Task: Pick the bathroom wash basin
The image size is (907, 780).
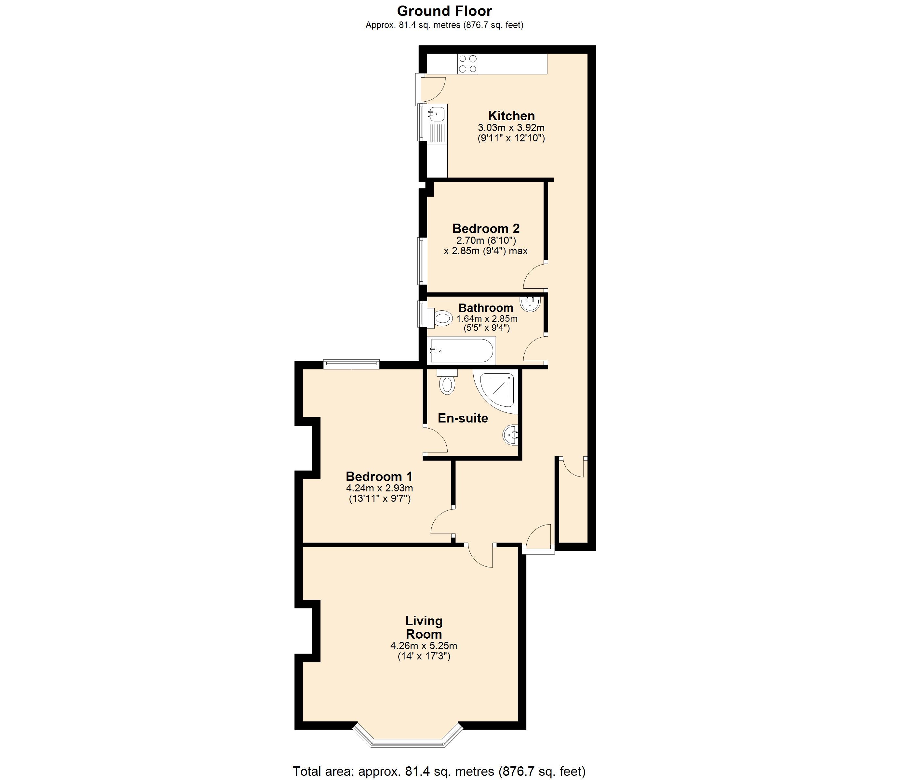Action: (531, 303)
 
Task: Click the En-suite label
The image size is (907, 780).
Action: (463, 418)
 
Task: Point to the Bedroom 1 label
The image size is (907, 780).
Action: (379, 476)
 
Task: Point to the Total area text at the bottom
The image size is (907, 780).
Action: (439, 771)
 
